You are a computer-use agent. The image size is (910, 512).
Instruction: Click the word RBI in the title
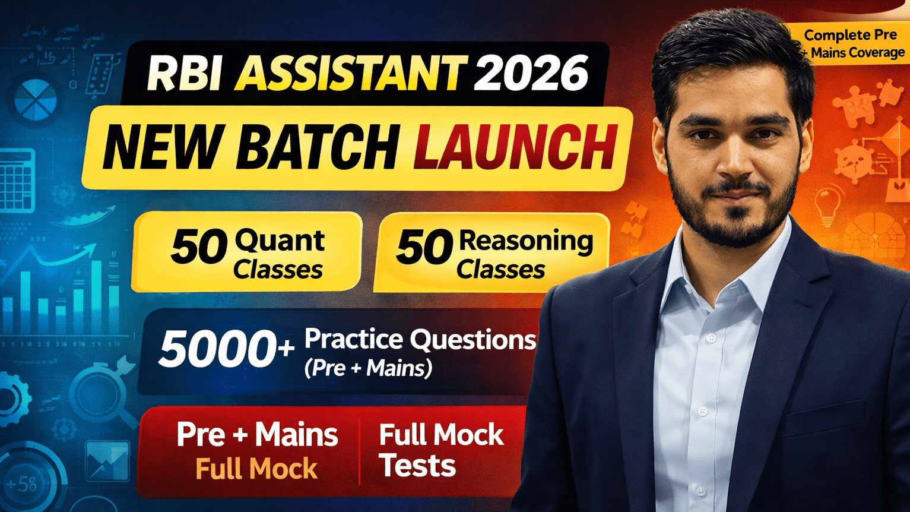185,73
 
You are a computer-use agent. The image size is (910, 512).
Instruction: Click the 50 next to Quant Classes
199,248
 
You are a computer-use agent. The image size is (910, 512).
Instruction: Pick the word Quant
280,241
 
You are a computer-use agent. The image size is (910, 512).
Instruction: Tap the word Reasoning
525,241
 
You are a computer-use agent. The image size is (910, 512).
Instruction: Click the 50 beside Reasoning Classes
424,248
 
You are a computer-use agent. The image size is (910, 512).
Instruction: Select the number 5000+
226,350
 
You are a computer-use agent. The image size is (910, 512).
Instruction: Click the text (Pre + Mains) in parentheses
368,368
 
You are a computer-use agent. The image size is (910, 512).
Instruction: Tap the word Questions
473,340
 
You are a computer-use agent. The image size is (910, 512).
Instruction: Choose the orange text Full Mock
256,469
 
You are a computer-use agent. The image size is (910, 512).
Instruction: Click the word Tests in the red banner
417,466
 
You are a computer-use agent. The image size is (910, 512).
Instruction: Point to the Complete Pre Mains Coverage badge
852,44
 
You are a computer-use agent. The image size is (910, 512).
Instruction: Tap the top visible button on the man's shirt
711,338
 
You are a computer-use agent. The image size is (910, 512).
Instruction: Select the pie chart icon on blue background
36,100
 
